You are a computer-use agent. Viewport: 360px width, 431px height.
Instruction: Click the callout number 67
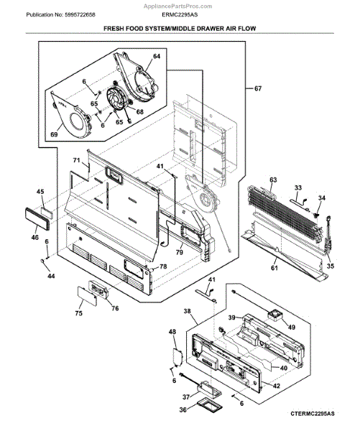pos(257,88)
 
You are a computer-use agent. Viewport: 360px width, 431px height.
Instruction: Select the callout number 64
pos(156,55)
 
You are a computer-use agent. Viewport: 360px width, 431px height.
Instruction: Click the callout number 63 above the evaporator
pos(273,179)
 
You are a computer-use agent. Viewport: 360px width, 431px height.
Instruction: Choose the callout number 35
pos(330,267)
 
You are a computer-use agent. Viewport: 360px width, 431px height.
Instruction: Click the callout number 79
pos(179,251)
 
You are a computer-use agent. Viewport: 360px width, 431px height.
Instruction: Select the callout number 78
pos(163,267)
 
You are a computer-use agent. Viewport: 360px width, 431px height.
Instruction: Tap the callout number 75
pos(78,313)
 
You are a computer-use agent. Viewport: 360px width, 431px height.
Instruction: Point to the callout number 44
pos(51,276)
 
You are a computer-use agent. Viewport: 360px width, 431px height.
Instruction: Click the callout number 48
pos(172,331)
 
